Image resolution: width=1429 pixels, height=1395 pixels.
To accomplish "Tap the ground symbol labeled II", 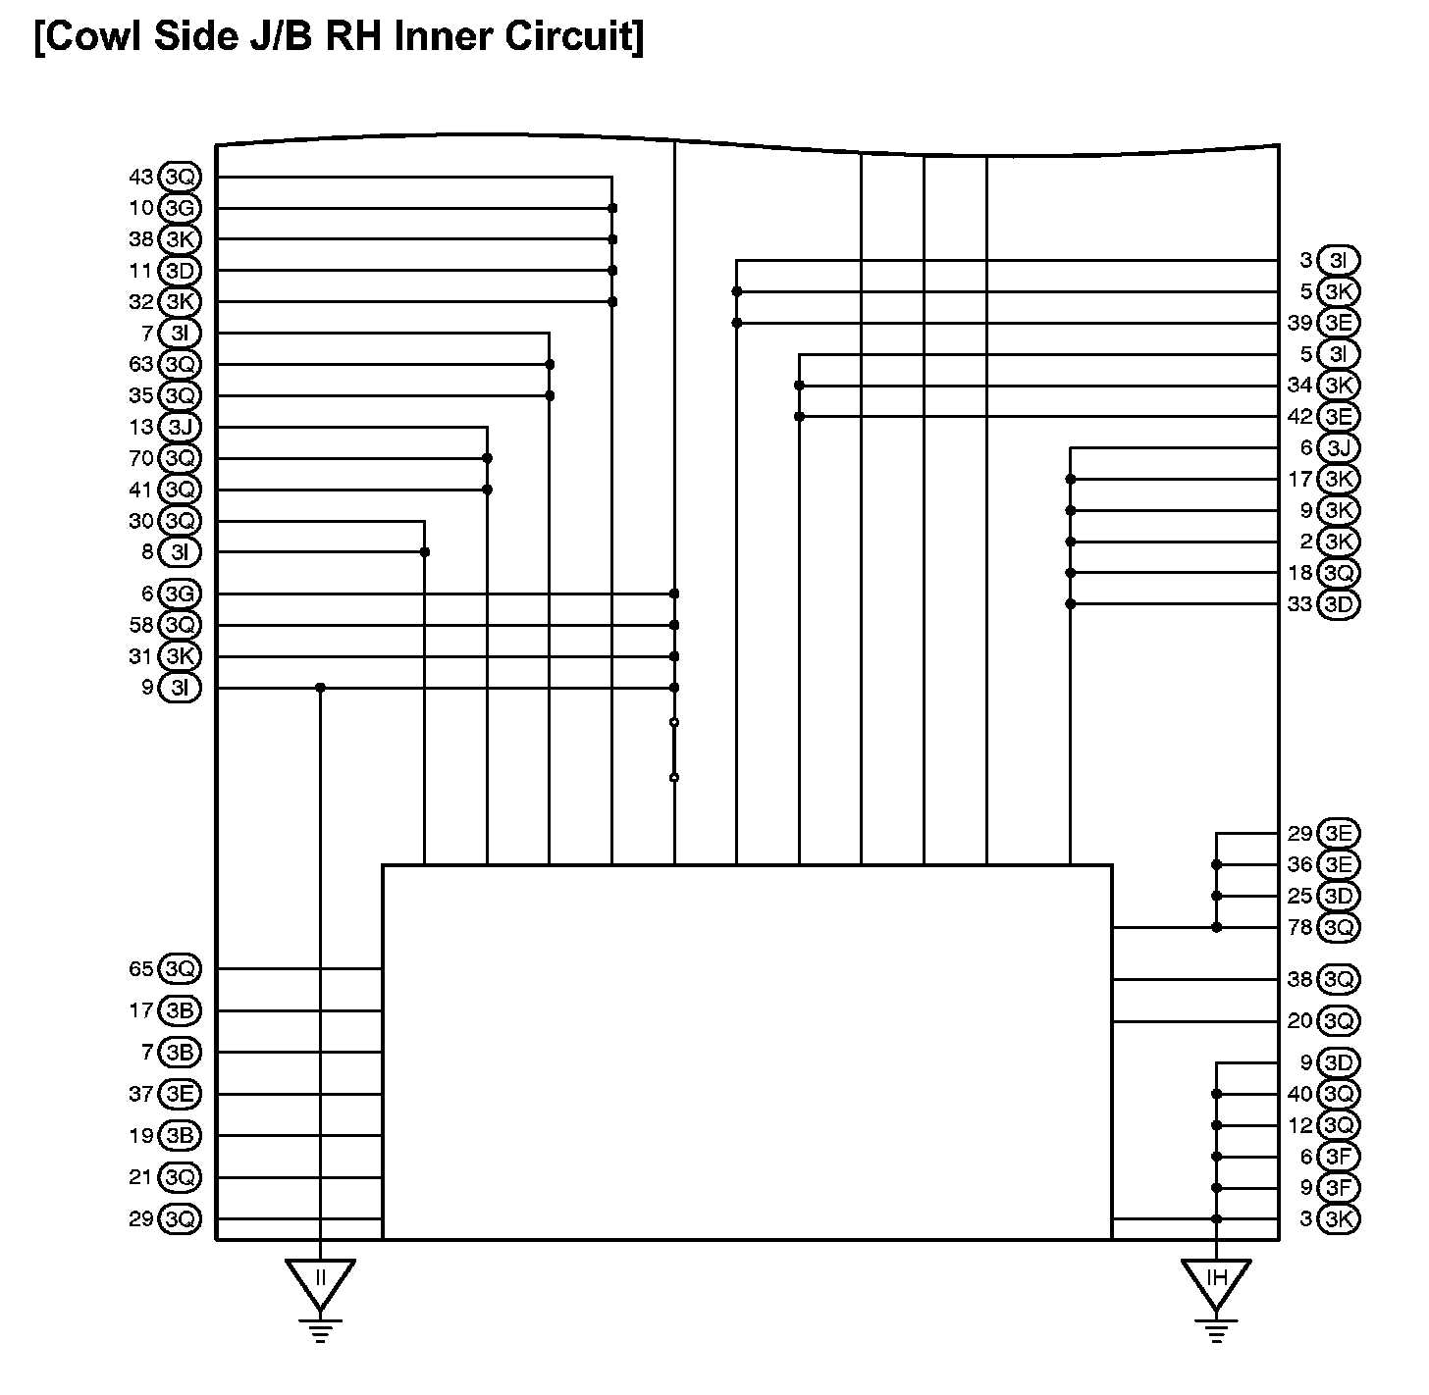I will pos(320,1280).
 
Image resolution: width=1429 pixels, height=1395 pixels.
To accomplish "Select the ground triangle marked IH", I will pos(1216,1280).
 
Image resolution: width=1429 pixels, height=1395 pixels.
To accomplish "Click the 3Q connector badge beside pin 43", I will pos(180,177).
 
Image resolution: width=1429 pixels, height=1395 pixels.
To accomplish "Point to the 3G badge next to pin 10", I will pos(180,208).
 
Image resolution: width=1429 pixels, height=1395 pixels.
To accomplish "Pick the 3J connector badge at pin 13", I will pos(180,427).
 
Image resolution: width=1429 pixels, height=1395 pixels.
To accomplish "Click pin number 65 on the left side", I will pos(141,969).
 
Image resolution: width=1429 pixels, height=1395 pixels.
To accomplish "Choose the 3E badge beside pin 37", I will pos(180,1094).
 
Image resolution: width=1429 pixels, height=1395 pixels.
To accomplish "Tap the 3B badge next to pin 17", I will pos(180,1010).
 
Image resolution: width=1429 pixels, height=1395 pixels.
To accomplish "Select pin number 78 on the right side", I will pos(1299,927).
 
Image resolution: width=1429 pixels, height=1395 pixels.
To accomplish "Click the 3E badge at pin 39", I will pos(1339,323).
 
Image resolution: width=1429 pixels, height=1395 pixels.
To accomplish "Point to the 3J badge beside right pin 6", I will pos(1339,448).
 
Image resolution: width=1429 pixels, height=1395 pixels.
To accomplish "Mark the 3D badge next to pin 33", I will pos(1339,604).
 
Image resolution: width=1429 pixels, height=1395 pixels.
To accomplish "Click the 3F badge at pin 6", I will pos(1339,1157).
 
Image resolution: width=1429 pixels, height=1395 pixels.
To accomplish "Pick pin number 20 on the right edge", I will pos(1299,1021).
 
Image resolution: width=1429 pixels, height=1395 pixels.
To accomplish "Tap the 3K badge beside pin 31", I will pos(180,656).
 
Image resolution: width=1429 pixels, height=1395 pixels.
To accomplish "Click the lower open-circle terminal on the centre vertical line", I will pos(674,778).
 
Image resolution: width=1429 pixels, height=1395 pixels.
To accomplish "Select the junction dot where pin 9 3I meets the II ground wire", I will pos(320,688).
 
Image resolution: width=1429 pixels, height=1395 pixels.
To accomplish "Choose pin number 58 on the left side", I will pos(141,625).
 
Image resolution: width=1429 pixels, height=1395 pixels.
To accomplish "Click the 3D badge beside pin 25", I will pos(1339,896).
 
